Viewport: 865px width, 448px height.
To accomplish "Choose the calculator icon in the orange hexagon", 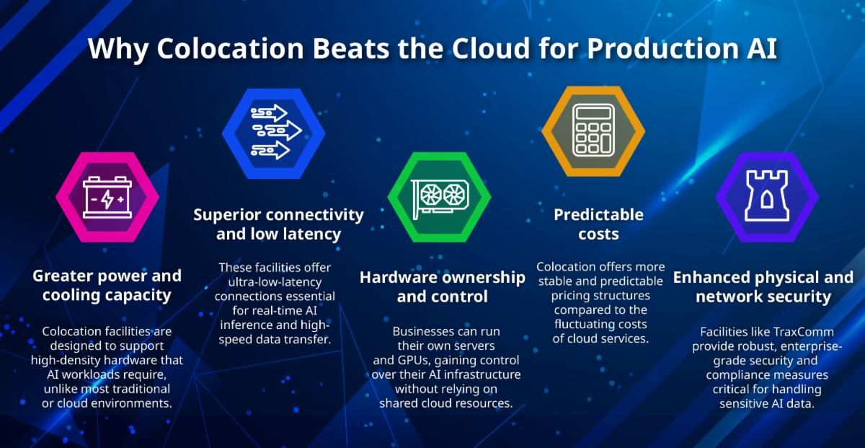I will (593, 131).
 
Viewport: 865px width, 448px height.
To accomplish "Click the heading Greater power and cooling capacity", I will (107, 286).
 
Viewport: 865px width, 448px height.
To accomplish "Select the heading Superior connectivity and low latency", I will (278, 224).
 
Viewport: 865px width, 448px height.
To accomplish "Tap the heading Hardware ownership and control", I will (443, 286).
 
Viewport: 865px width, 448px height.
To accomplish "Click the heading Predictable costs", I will (598, 224).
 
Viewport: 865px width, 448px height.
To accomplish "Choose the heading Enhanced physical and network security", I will (763, 286).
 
